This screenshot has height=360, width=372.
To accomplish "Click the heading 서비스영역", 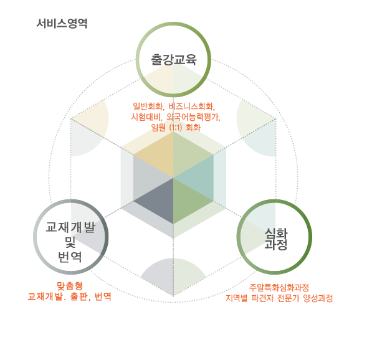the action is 62,24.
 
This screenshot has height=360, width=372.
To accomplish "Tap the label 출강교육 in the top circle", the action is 174,60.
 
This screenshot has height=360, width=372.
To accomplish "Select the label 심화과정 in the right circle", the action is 276,239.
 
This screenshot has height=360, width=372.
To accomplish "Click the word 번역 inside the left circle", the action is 70,257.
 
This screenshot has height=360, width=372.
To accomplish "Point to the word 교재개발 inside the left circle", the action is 70,227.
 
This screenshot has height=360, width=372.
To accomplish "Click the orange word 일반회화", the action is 148,107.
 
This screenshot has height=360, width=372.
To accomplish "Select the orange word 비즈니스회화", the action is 191,107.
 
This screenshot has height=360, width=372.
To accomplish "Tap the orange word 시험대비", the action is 146,116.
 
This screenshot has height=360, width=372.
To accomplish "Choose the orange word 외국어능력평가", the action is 193,116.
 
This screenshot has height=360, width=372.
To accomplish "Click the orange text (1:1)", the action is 176,127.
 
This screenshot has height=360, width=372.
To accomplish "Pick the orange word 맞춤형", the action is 70,286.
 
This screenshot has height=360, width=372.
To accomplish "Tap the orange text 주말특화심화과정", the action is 279,287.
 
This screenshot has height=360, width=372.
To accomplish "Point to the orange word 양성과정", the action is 318,298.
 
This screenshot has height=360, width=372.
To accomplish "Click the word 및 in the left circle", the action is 70,242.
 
